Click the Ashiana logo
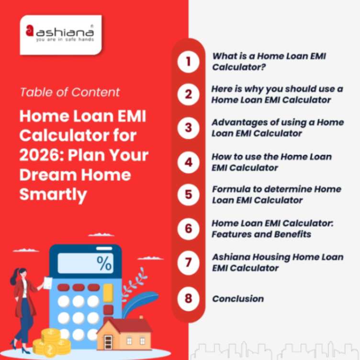60,34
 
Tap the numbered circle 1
188,62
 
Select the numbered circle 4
188,162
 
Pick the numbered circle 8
188,299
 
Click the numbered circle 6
188,228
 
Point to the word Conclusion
238,299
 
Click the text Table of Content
70,92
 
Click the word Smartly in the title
53,194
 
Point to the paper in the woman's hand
48,282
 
